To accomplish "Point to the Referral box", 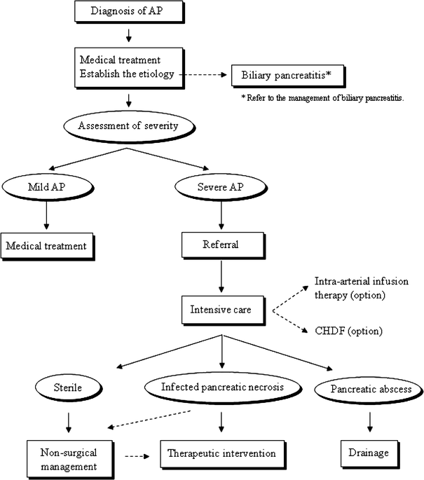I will click(x=222, y=246).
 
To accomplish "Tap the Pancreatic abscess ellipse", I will click(x=369, y=390).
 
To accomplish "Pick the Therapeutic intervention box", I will click(x=222, y=453).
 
